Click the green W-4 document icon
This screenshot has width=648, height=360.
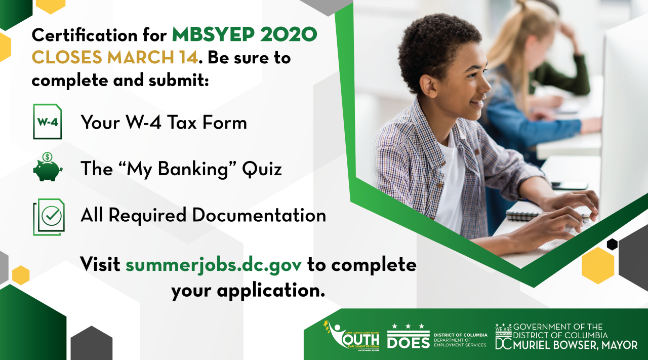pyautogui.click(x=47, y=122)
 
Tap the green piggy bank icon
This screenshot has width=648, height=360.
pyautogui.click(x=47, y=168)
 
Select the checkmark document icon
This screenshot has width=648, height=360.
pyautogui.click(x=49, y=216)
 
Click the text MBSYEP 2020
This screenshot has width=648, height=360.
pyautogui.click(x=245, y=35)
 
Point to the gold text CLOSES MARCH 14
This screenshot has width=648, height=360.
pyautogui.click(x=114, y=58)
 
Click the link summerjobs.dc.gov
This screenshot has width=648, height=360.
pyautogui.click(x=214, y=264)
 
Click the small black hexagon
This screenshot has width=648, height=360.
pyautogui.click(x=612, y=244)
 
